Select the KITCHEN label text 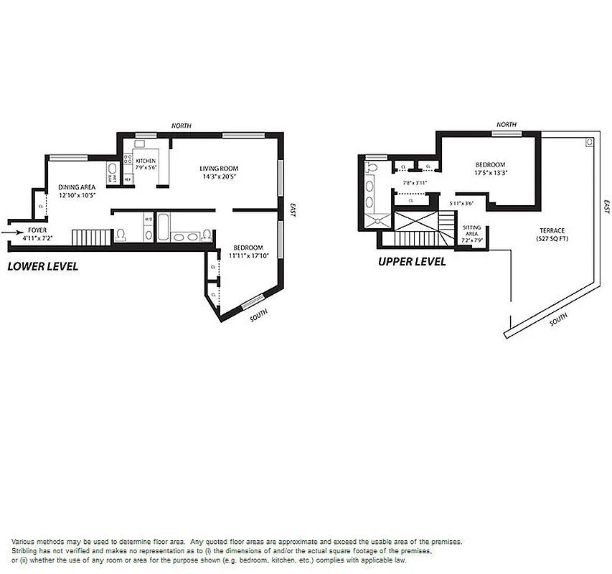pyautogui.click(x=146, y=160)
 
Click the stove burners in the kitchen pyautogui.click(x=129, y=160)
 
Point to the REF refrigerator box pyautogui.click(x=128, y=179)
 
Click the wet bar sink pyautogui.click(x=112, y=172)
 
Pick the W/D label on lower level pyautogui.click(x=148, y=220)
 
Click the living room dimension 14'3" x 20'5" pyautogui.click(x=218, y=176)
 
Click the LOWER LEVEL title pyautogui.click(x=42, y=266)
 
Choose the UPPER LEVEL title pyautogui.click(x=412, y=262)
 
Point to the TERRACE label pyautogui.click(x=552, y=231)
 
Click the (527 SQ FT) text pyautogui.click(x=552, y=239)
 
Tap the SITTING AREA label pyautogui.click(x=471, y=230)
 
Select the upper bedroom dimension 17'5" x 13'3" pyautogui.click(x=490, y=172)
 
